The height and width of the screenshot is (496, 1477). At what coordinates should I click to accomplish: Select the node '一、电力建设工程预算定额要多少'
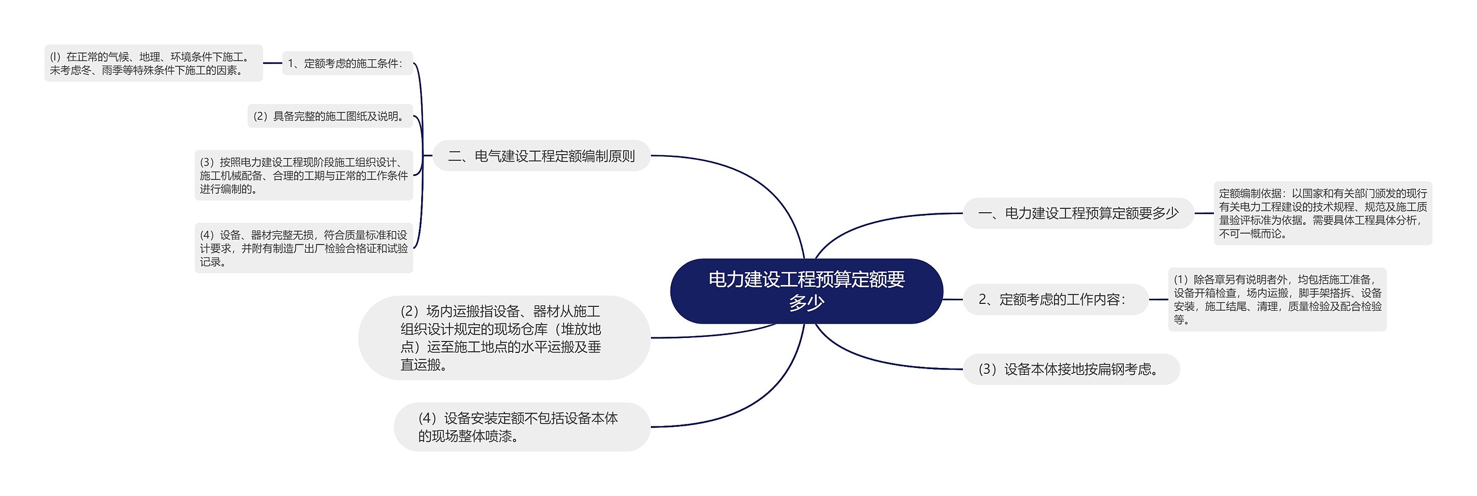click(x=1078, y=213)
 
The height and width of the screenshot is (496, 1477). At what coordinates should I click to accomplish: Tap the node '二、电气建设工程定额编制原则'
click(x=541, y=156)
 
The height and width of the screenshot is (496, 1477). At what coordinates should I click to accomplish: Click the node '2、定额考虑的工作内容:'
click(x=1055, y=299)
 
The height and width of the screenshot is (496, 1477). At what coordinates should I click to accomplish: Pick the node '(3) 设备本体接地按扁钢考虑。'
click(x=1071, y=369)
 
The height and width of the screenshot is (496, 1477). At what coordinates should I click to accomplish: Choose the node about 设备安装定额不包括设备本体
click(x=522, y=427)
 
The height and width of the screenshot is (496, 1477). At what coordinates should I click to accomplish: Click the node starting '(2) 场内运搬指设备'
click(x=504, y=338)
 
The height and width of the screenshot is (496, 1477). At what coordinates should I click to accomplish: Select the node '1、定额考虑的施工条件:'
click(x=347, y=63)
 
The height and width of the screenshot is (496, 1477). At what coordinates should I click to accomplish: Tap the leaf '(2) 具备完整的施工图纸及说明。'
click(x=330, y=116)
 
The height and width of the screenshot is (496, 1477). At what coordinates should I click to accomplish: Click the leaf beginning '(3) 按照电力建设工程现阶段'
click(x=303, y=175)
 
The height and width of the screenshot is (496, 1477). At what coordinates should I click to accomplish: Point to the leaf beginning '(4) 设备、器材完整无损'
click(x=303, y=248)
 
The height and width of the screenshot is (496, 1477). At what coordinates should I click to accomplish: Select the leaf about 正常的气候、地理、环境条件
click(x=153, y=63)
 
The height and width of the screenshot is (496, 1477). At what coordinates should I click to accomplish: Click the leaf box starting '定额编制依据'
click(x=1322, y=213)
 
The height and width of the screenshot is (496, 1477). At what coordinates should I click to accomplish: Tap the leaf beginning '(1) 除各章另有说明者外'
click(x=1277, y=299)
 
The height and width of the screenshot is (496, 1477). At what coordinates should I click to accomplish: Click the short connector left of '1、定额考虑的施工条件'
click(x=272, y=63)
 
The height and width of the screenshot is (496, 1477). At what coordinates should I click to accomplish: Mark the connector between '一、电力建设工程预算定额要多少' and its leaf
click(x=1204, y=213)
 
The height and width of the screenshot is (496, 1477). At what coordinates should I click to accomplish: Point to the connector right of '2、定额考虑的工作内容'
click(x=1158, y=299)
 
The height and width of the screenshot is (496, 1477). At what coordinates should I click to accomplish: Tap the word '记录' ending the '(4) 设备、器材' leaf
click(x=211, y=262)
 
